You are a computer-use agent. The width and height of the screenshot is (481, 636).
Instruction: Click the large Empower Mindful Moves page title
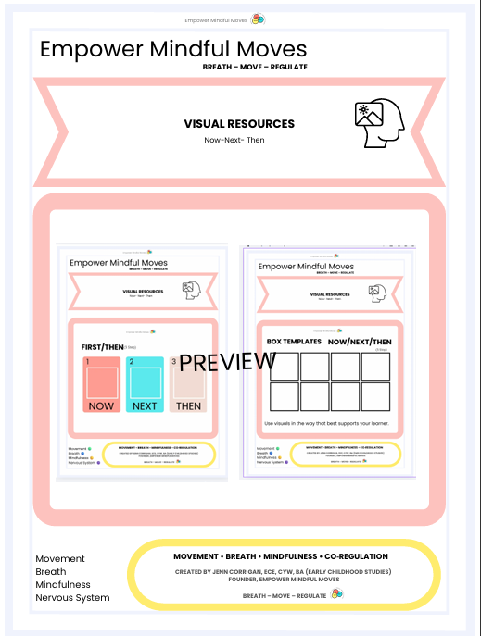(x=173, y=49)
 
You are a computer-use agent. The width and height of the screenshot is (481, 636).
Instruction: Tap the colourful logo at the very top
(x=259, y=19)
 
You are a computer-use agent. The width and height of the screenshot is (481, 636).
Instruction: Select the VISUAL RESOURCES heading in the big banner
(x=239, y=123)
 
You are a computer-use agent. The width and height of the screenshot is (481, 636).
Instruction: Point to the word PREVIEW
(x=227, y=362)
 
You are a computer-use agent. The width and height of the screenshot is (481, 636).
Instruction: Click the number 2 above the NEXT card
(x=132, y=361)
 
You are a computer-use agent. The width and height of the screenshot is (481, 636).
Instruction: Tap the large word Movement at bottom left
(x=60, y=558)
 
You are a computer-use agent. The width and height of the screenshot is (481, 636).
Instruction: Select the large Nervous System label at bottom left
(x=72, y=597)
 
